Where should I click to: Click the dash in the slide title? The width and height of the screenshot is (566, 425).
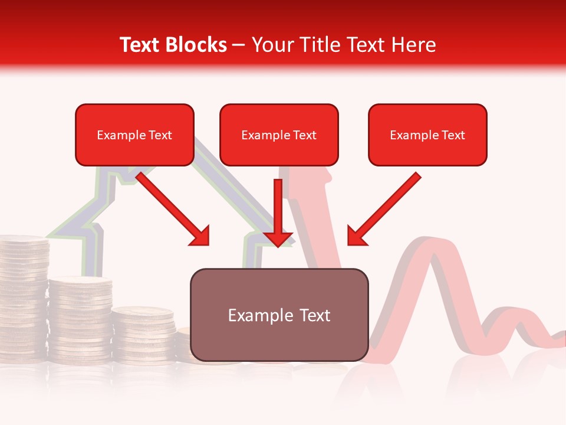click(239, 45)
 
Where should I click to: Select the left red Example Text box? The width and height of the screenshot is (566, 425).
click(134, 135)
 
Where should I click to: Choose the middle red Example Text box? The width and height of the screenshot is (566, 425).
click(279, 135)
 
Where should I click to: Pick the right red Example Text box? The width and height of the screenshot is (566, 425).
click(427, 135)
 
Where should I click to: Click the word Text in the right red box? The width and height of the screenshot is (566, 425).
click(453, 135)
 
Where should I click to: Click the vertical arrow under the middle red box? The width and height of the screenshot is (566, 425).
click(278, 210)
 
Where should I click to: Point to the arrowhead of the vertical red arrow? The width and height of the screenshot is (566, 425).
click(278, 238)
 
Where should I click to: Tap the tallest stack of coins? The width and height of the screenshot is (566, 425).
click(23, 295)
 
